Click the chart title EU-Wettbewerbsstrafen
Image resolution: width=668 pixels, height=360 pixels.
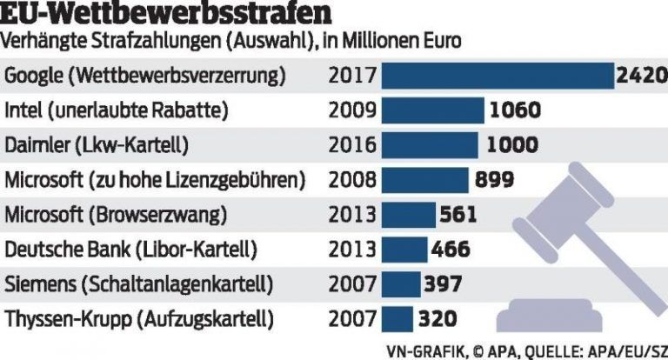pos(156,14)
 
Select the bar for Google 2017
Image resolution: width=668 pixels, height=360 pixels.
pos(498,76)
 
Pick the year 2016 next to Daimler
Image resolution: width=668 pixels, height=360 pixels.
pos(352,145)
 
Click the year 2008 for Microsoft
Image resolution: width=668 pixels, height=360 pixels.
pos(352,180)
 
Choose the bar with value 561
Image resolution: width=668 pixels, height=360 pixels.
pos(410,215)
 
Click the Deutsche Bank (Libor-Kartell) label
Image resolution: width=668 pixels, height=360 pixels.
pos(131,250)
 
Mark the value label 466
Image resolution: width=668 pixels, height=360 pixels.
pos(451,250)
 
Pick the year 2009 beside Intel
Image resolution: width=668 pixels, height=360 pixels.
pos(352,110)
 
